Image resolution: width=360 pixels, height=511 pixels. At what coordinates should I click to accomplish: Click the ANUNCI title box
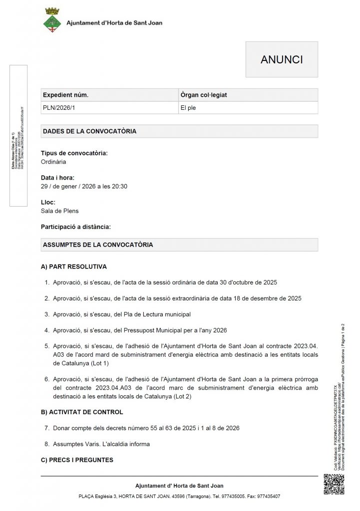tap(282, 60)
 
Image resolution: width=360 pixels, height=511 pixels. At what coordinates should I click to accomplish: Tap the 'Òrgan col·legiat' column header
tap(205, 95)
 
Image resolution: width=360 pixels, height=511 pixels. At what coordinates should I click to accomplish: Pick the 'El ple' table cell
tap(188, 107)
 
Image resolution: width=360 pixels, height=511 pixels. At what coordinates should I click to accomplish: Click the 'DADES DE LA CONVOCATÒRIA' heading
tap(90, 131)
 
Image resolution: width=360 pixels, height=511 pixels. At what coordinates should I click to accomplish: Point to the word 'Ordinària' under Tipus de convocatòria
tap(53, 162)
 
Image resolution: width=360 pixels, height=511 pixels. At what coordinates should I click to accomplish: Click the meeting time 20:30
tap(119, 187)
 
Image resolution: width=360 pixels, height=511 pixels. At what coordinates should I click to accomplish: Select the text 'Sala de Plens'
tap(59, 211)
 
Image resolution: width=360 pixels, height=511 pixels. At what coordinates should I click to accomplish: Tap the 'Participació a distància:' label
tap(76, 227)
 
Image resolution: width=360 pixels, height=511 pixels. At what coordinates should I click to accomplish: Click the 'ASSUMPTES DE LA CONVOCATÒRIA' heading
tap(98, 245)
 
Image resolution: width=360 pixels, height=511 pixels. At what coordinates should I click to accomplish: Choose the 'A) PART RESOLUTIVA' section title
tap(74, 267)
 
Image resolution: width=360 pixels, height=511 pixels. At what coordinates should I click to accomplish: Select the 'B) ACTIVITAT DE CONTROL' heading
tap(82, 412)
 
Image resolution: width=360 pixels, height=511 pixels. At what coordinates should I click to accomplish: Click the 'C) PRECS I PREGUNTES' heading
tap(77, 460)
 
